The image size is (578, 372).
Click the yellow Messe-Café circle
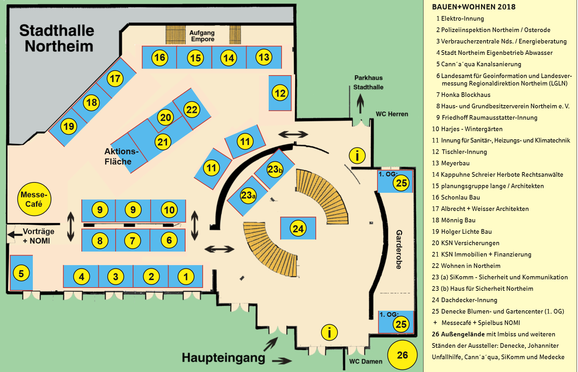(34, 199)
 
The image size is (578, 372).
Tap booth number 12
(280, 93)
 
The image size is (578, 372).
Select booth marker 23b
(275, 169)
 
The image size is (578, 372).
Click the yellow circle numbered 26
(402, 355)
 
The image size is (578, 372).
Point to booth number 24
(298, 228)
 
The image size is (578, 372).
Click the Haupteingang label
(223, 357)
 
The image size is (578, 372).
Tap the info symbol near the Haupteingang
(329, 332)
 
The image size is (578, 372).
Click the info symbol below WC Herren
(357, 155)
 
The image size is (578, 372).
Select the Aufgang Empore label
(202, 36)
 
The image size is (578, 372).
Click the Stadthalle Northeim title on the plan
(57, 38)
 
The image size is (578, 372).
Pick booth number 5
(21, 274)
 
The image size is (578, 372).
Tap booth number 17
(115, 78)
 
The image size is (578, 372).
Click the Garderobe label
(399, 249)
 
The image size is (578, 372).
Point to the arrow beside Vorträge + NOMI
(15, 234)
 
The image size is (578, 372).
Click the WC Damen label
(366, 361)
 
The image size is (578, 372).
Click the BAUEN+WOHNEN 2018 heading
(473, 7)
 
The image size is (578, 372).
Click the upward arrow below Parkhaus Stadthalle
(360, 104)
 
